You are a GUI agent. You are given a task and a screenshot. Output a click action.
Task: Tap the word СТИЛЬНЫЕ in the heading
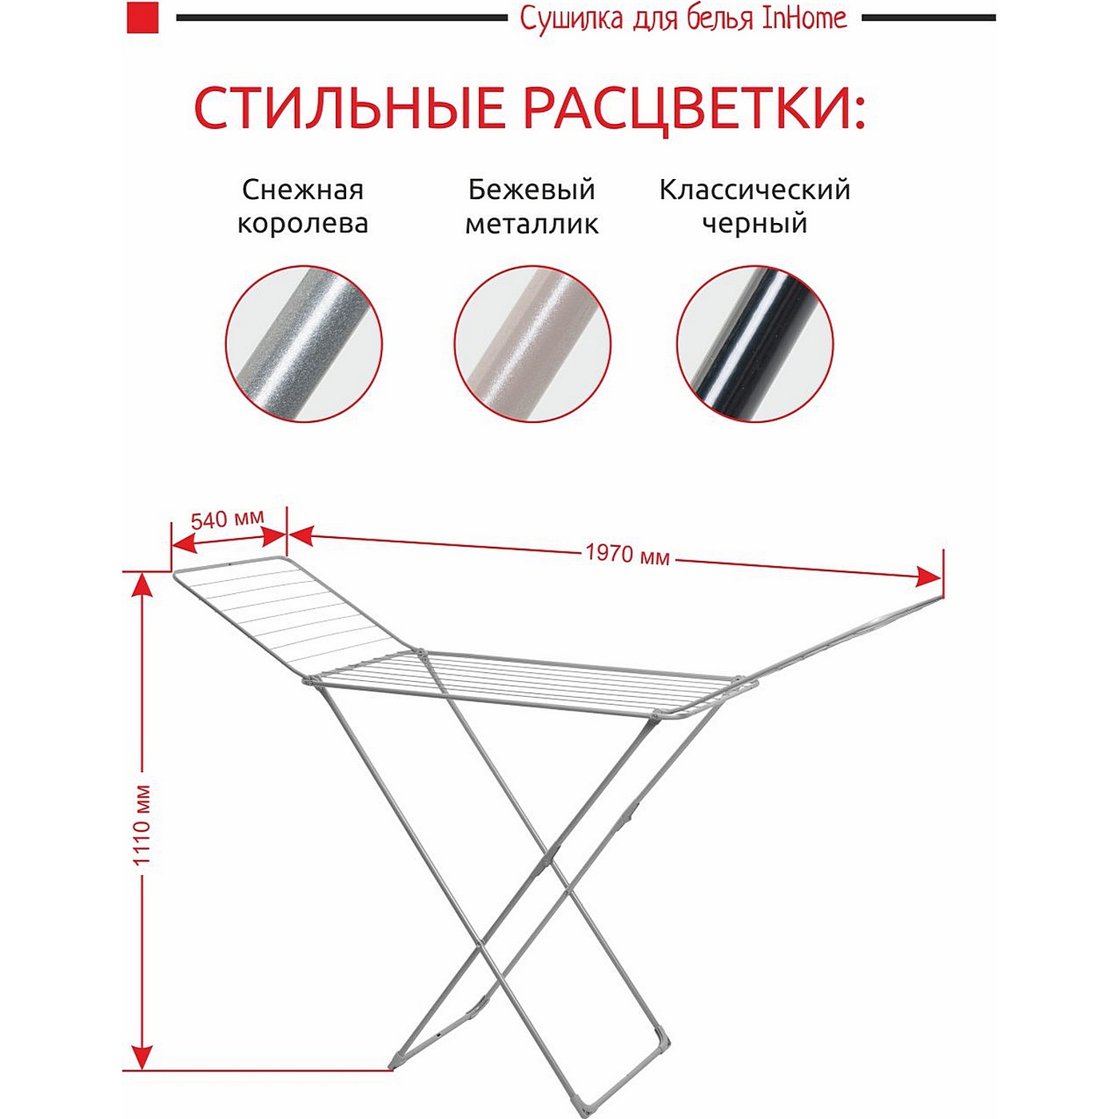coord(349,108)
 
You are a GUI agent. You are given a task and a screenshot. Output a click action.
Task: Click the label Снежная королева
coord(303,206)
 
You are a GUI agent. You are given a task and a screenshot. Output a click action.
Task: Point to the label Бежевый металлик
coord(532,206)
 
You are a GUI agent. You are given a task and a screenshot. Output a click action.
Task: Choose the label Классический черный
coord(755,206)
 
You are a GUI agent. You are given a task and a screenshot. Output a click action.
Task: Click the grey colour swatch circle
coord(305,344)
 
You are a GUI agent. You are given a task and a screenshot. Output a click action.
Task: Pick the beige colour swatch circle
coord(532,344)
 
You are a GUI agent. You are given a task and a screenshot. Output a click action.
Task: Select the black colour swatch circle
coord(755,344)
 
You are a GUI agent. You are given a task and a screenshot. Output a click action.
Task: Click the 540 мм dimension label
coord(228,518)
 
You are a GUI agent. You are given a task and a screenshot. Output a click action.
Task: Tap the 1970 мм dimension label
coord(627,554)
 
